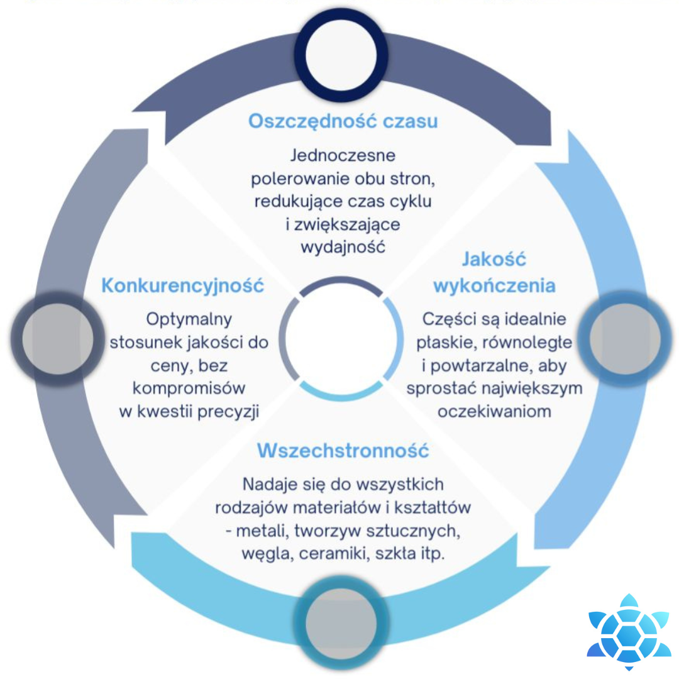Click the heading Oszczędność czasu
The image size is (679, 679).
point(343,121)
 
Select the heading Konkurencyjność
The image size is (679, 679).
point(182,285)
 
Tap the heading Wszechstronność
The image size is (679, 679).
point(343,451)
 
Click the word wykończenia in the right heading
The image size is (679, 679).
point(494,286)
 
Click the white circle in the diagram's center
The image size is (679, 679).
point(340,339)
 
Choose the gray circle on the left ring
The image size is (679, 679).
point(57,339)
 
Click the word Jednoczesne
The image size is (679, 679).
point(343,155)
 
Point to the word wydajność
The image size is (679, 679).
point(343,246)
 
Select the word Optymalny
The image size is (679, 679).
point(189,319)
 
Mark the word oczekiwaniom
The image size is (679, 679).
point(494,412)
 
